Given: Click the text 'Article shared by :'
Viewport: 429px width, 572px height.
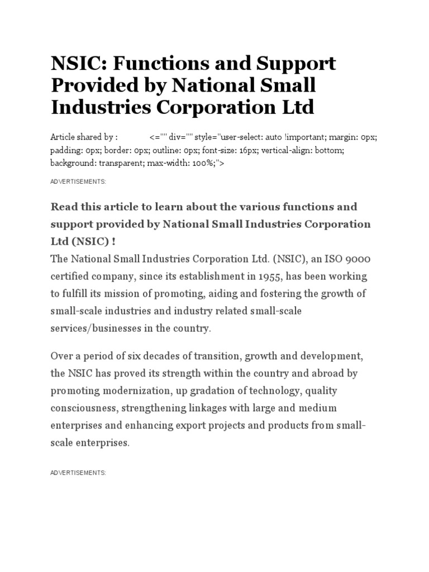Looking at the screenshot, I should pyautogui.click(x=84, y=137).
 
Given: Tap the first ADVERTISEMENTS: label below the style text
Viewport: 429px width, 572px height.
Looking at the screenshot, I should pyautogui.click(x=78, y=182).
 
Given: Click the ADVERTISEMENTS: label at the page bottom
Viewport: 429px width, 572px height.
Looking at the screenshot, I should pyautogui.click(x=78, y=457).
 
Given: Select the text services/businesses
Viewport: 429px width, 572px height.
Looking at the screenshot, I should pyautogui.click(x=97, y=328).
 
